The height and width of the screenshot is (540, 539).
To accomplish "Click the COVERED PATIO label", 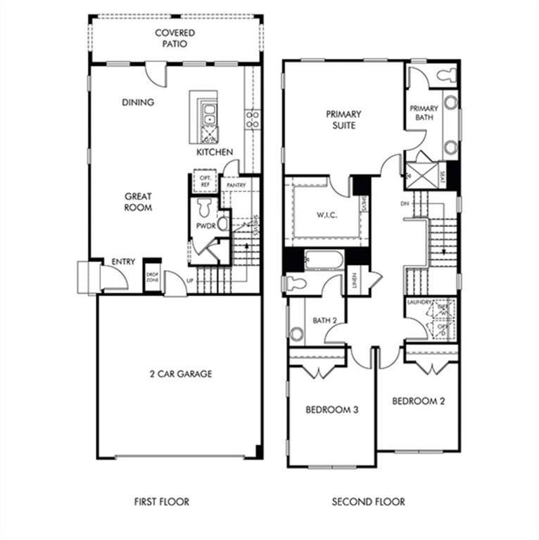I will [x=175, y=38].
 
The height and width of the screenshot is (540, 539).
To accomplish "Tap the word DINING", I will [x=138, y=103].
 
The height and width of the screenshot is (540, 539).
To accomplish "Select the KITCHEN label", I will [x=215, y=152].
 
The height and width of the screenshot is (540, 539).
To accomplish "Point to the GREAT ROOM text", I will [x=138, y=202].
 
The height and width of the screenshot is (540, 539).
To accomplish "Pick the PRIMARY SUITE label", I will [x=343, y=120].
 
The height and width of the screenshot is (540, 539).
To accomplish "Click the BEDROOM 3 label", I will [x=331, y=410].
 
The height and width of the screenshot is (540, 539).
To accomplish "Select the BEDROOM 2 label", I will [x=418, y=401].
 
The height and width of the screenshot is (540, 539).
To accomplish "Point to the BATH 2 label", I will [x=324, y=321].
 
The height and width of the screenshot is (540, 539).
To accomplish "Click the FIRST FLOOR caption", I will [x=162, y=502].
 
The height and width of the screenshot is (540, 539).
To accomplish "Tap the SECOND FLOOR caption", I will [x=369, y=502].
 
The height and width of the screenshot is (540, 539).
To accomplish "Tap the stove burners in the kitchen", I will [x=252, y=119].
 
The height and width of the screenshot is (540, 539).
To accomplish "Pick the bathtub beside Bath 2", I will [x=323, y=262].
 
